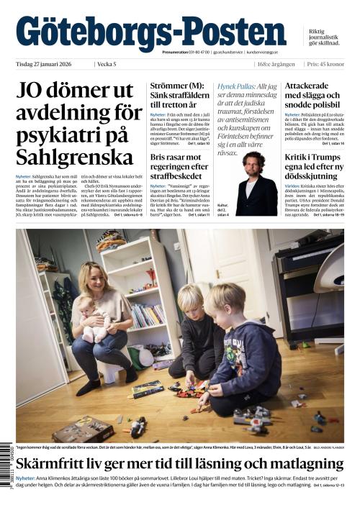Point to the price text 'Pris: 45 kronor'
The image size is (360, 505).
click(x=324, y=64)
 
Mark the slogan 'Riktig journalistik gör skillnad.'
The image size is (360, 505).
click(x=323, y=37)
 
